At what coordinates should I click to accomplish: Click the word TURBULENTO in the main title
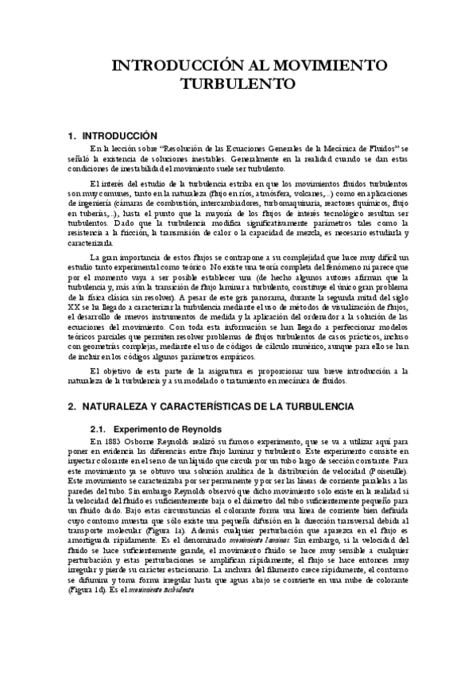238,82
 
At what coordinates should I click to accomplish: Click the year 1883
111,440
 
